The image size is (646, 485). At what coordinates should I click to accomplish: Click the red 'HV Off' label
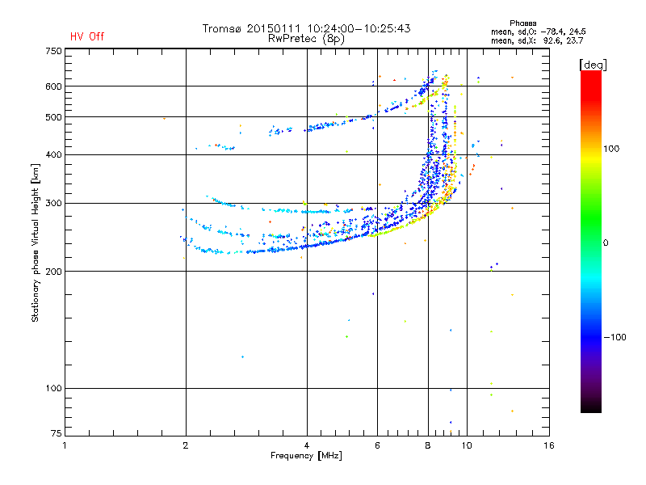[x=87, y=36]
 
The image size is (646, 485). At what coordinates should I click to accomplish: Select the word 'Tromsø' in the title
[x=222, y=28]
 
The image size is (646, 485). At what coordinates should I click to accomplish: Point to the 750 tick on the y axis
[x=53, y=50]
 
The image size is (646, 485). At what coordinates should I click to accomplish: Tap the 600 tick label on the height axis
[x=53, y=86]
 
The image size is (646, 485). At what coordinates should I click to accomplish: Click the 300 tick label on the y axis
[x=53, y=203]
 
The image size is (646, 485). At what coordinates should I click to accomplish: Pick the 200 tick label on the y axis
[x=53, y=271]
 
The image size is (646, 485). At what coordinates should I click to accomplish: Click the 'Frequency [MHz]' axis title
[x=307, y=456]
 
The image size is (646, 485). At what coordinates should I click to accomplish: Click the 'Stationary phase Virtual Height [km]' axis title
[x=36, y=242]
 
